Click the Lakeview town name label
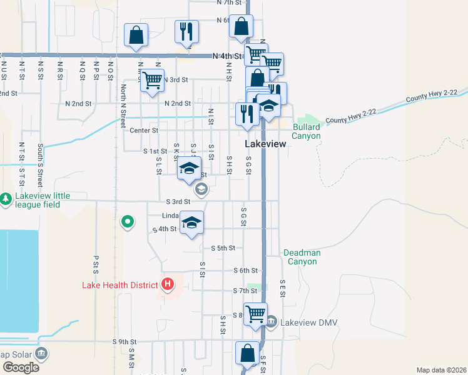[x=265, y=144]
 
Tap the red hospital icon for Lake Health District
[x=167, y=285]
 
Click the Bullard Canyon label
[x=306, y=131]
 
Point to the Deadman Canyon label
[x=302, y=257]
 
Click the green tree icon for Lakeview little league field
[x=6, y=199]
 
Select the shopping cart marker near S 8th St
[x=255, y=314]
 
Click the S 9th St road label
[x=125, y=342]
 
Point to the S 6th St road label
[x=245, y=271]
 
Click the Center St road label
[x=145, y=131]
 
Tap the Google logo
[x=21, y=367]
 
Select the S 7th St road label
[x=245, y=291]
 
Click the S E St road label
[x=282, y=288]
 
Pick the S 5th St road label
[x=222, y=248]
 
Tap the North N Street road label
[x=124, y=101]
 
